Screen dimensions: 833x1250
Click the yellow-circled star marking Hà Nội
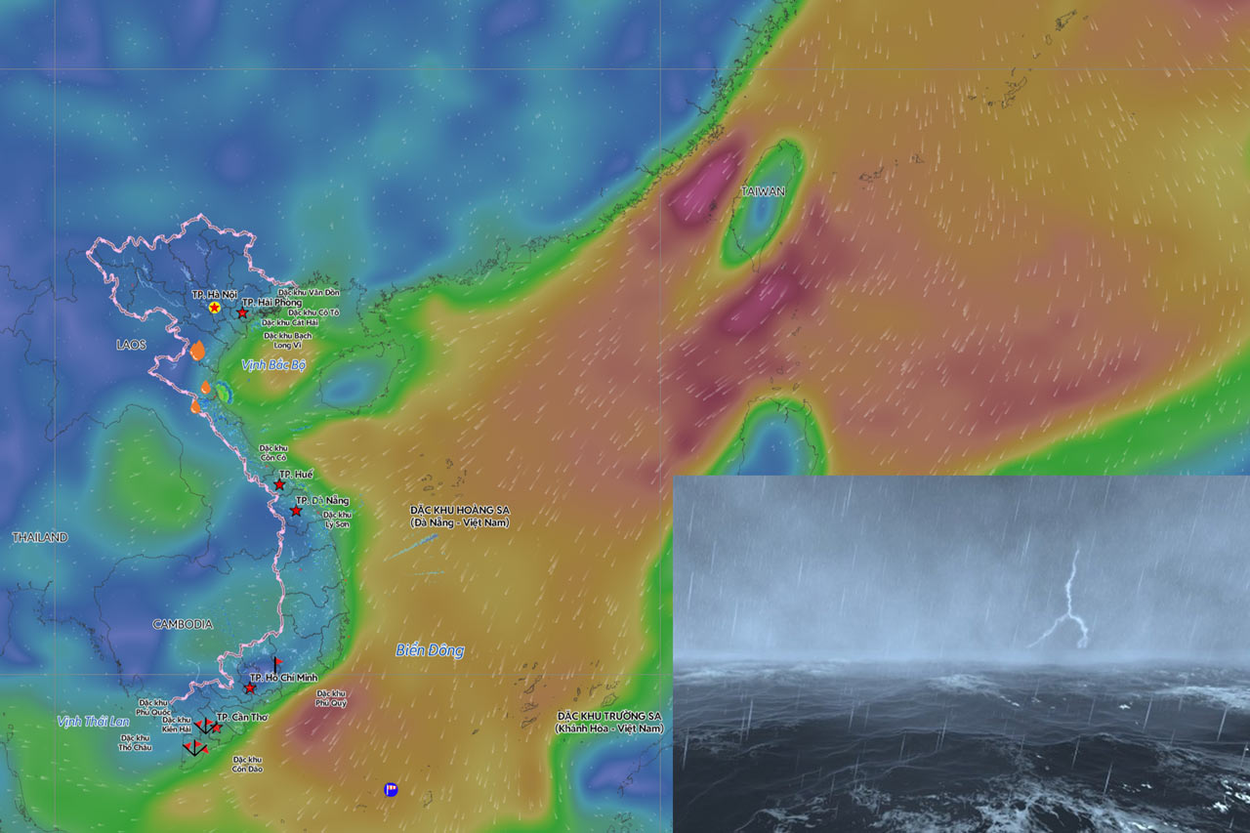pos(214,308)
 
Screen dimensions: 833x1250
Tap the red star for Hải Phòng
pos(242,312)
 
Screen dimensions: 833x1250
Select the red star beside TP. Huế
pos(279,484)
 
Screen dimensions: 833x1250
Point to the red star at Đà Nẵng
pos(296,511)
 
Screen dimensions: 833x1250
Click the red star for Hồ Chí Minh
pos(250,688)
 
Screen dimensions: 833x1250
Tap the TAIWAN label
pos(763,191)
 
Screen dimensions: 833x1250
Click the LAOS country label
pos(131,345)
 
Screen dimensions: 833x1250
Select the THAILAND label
pos(40,538)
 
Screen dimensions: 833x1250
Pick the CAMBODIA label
pos(183,624)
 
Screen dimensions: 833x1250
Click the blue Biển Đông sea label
pos(430,650)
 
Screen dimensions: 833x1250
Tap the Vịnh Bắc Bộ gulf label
pos(274,364)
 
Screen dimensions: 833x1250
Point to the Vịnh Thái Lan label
pos(93,722)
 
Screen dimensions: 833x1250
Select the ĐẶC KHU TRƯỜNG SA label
pos(608,722)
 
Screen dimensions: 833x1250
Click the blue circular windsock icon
pos(391,789)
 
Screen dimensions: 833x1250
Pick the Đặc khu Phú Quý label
pos(332,697)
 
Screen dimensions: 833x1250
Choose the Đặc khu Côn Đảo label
pos(248,764)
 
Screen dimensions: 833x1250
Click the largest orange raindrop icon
pos(197,351)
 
